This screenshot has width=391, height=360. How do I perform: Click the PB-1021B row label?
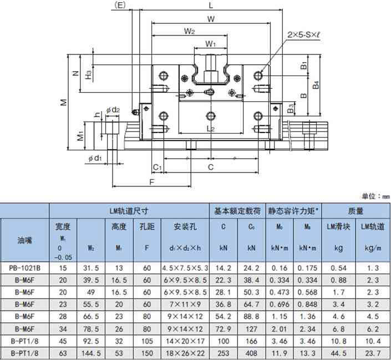24,268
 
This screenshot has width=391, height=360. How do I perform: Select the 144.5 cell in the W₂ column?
91,353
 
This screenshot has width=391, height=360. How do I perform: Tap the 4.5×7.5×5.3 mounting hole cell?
185,268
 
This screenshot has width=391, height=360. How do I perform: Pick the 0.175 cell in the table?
307,268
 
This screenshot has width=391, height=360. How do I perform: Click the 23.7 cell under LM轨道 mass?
374,353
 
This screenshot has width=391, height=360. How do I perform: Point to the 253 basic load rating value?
223,353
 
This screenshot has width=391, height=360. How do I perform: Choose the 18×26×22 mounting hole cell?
185,353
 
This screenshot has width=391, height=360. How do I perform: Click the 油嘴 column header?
24,240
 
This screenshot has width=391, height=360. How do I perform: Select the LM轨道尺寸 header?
129,211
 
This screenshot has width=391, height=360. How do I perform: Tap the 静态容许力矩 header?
293,211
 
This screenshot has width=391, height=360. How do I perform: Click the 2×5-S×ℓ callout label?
303,34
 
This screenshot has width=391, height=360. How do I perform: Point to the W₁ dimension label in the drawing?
211,44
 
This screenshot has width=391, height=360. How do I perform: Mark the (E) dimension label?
120,5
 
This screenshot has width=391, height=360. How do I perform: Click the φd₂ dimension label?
113,109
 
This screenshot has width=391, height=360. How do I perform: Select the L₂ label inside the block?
211,129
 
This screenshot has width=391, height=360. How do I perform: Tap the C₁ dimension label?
158,167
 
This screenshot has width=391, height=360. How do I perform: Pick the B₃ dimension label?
291,109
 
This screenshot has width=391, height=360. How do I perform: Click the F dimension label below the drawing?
151,182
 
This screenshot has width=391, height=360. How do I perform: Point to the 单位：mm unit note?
375,196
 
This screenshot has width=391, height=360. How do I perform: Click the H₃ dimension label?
89,74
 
